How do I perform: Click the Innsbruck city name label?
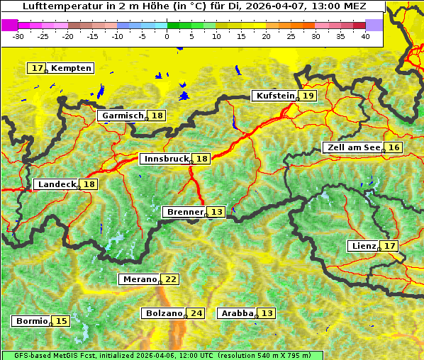[x=165, y=159]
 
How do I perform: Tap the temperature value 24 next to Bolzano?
[x=196, y=313]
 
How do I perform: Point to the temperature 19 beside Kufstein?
[x=308, y=96]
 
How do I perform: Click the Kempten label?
[x=71, y=68]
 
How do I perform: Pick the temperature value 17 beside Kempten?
[x=37, y=68]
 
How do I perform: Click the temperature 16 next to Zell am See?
[x=394, y=147]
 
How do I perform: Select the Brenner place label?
[x=184, y=212]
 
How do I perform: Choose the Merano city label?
[x=139, y=279]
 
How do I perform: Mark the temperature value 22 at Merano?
[x=171, y=279]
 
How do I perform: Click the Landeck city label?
[x=57, y=184]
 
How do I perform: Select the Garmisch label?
[x=123, y=116]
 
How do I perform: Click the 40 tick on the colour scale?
[x=365, y=36]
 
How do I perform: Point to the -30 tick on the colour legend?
[x=18, y=36]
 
